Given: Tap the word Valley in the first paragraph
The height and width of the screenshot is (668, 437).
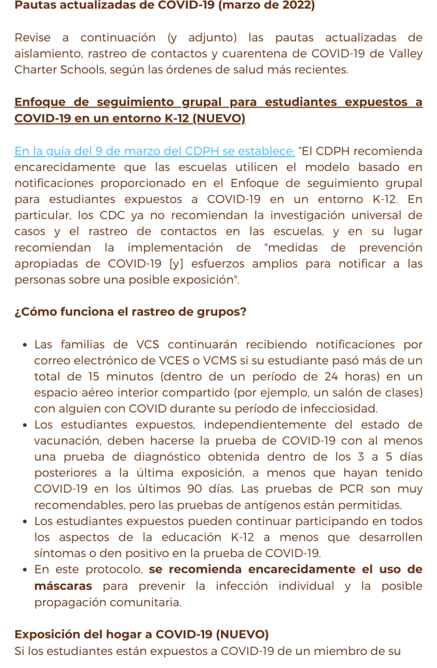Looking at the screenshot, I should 404,53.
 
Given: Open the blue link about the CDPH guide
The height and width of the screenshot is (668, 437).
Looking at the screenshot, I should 155,151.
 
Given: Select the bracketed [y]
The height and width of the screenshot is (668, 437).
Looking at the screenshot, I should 176,264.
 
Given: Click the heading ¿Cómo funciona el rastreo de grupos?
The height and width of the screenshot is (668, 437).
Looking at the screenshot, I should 130,312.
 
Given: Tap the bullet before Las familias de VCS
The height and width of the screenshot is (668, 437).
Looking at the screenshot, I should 24,345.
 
